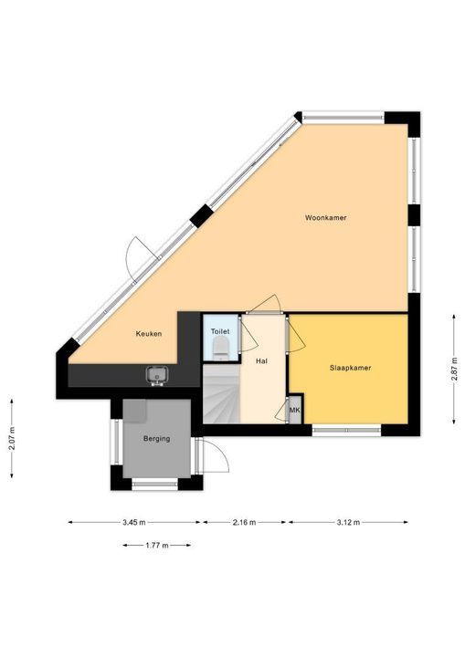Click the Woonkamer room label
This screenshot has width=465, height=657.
click(x=325, y=218)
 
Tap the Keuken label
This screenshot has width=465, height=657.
click(x=149, y=334)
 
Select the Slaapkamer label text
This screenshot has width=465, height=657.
click(x=350, y=368)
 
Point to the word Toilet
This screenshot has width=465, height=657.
click(x=220, y=331)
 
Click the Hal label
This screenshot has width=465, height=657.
click(x=261, y=360)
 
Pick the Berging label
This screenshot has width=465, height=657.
click(x=156, y=439)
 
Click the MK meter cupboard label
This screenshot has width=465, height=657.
click(x=294, y=410)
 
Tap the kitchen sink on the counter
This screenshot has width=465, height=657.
click(x=157, y=375)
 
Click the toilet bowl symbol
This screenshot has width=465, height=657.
click(x=220, y=349)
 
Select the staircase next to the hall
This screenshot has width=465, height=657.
click(x=222, y=394)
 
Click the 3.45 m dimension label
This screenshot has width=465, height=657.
click(x=134, y=522)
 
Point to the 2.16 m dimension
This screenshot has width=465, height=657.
click(x=244, y=522)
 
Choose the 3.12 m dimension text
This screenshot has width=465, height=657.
click(x=348, y=522)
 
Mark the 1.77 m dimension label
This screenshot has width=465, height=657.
click(x=157, y=545)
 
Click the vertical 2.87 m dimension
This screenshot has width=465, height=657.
click(x=454, y=370)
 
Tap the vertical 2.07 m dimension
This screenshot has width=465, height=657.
click(x=11, y=438)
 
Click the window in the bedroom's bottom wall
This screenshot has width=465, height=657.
click(x=346, y=430)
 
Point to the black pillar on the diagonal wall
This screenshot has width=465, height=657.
click(x=202, y=215)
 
